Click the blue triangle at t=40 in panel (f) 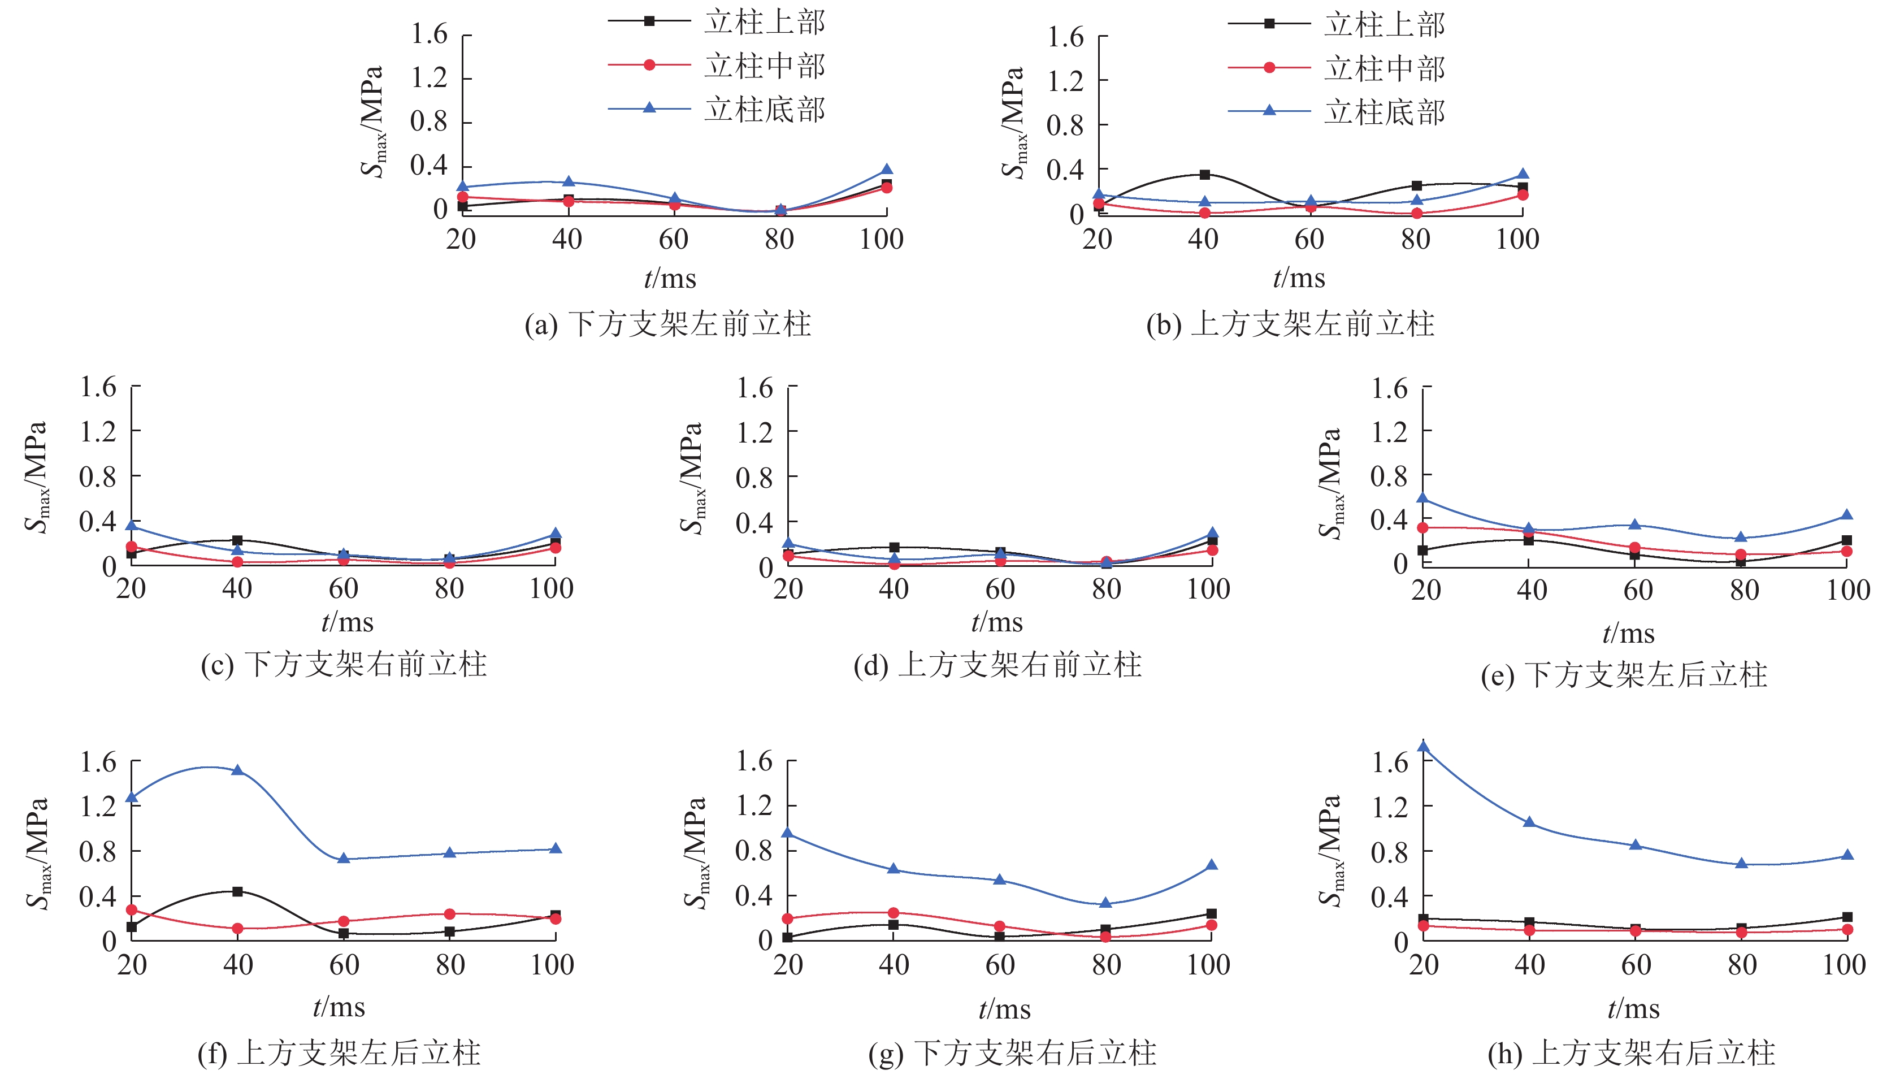click(x=237, y=770)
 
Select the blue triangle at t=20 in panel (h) click(x=1424, y=746)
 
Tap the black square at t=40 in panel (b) click(x=1205, y=175)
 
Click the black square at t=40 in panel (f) click(x=237, y=891)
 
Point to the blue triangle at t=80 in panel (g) click(x=1105, y=903)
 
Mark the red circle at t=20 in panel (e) click(x=1422, y=528)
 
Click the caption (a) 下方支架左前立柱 click(x=667, y=324)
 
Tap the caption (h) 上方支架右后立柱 click(x=1632, y=1053)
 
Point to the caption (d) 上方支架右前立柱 click(x=997, y=665)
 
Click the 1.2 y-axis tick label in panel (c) click(x=98, y=431)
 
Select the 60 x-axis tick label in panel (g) click(x=1000, y=965)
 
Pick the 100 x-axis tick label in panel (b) click(x=1517, y=239)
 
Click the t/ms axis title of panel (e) click(x=1628, y=634)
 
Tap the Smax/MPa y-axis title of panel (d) click(x=691, y=478)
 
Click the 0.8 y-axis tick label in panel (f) click(x=98, y=851)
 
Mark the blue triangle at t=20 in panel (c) click(x=132, y=526)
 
